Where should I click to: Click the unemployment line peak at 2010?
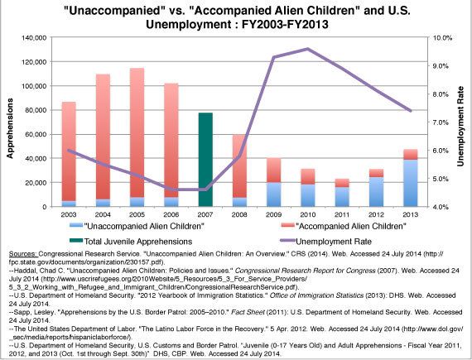click(x=308, y=50)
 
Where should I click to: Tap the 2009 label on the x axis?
click(x=273, y=214)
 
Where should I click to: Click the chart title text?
click(x=234, y=17)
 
